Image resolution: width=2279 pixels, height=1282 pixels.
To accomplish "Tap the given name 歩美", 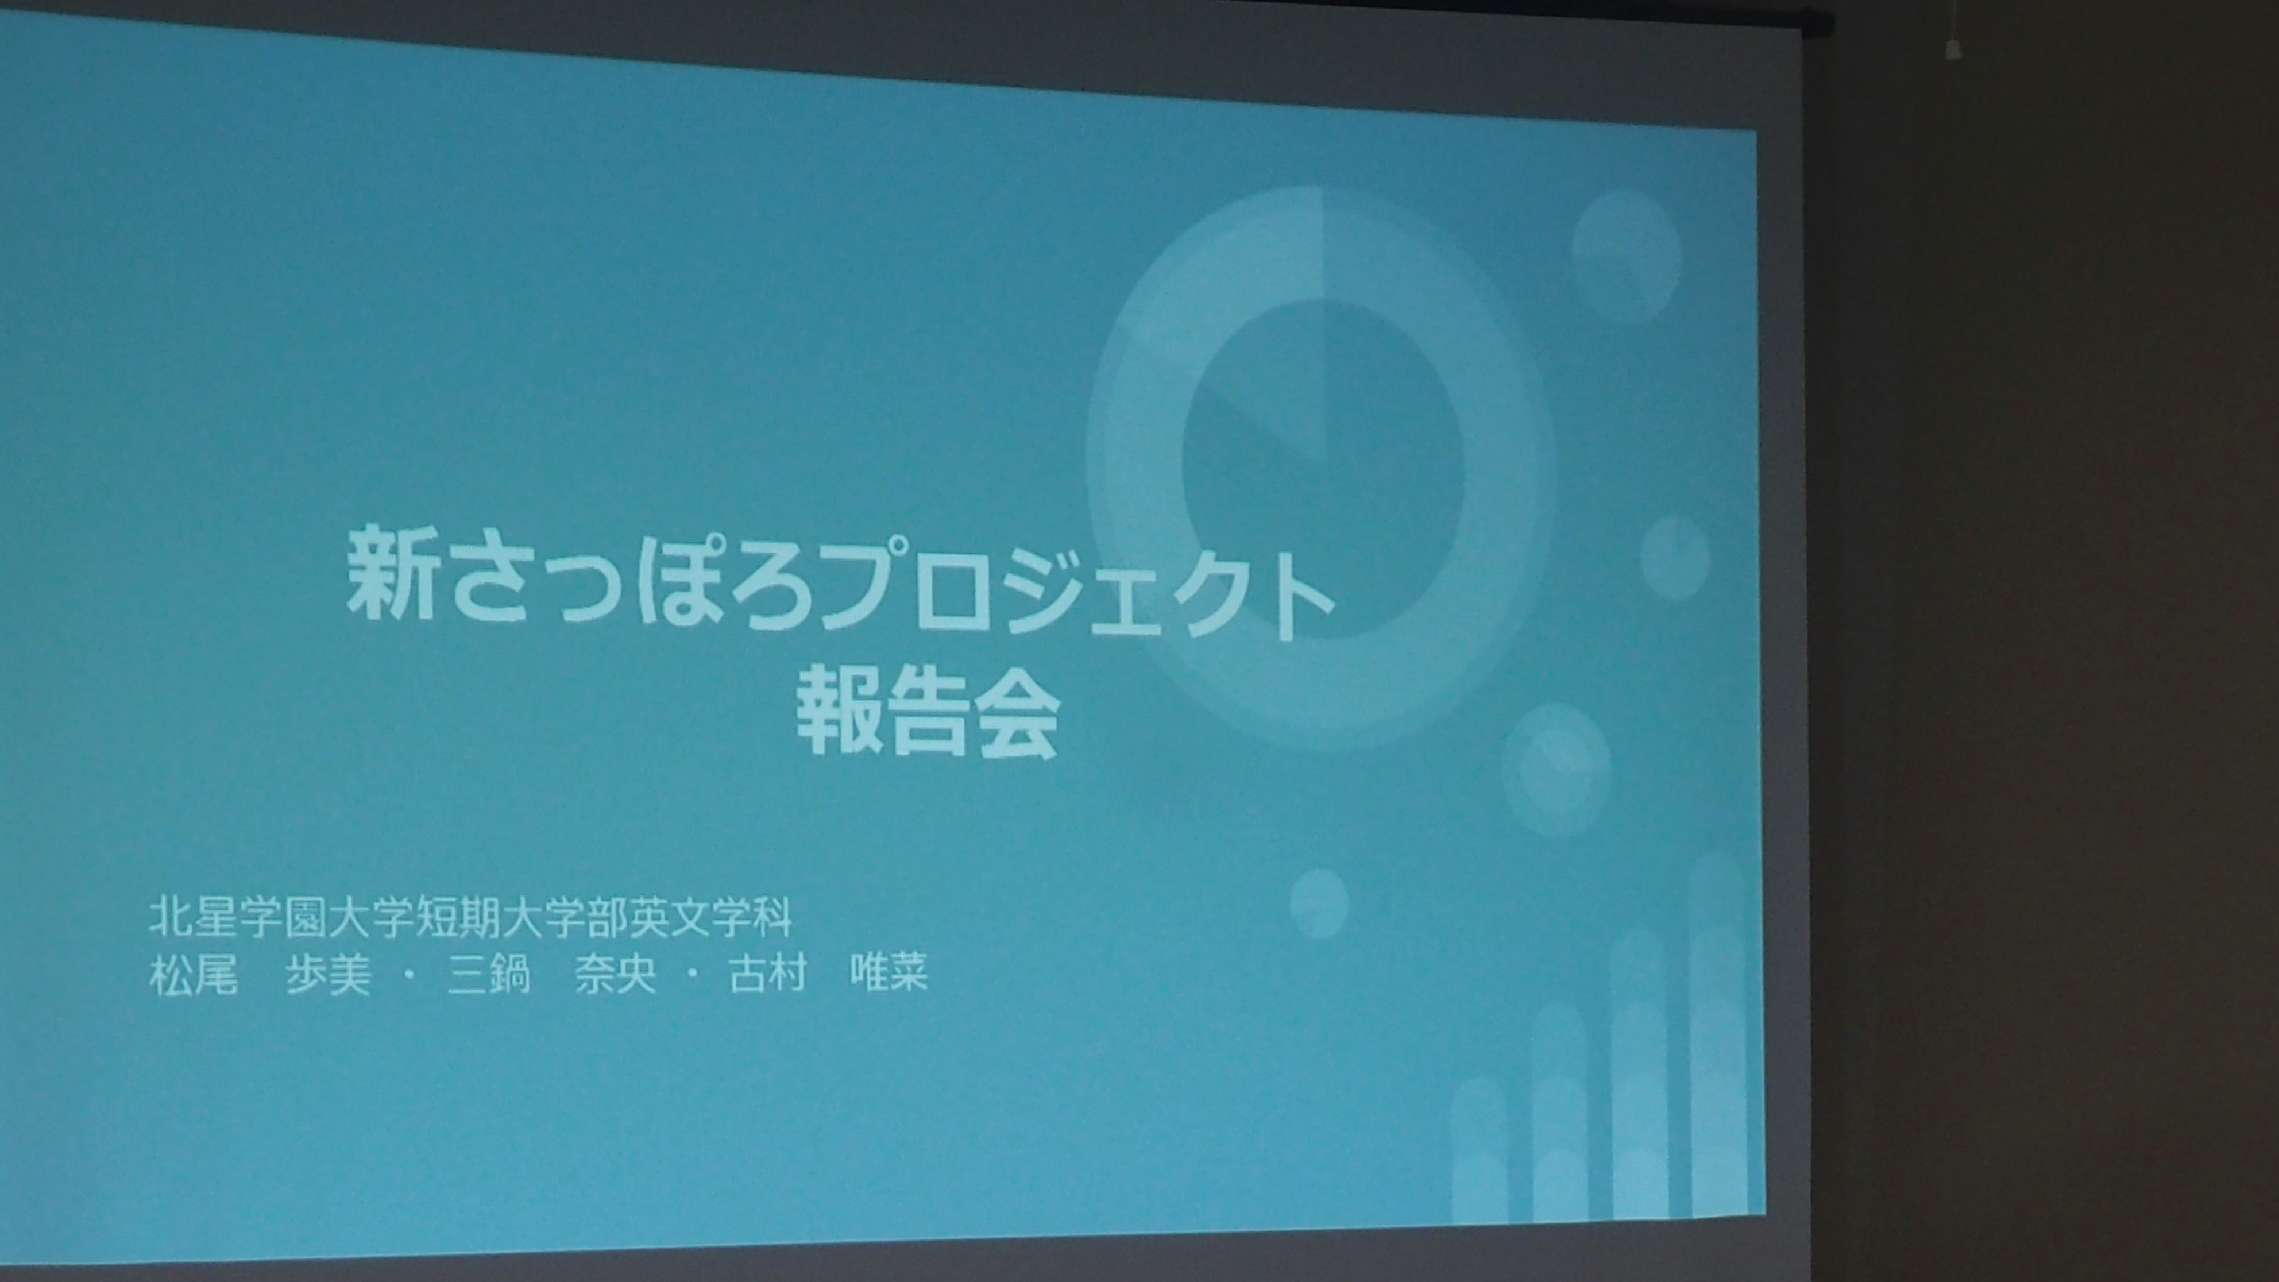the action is tap(328, 976).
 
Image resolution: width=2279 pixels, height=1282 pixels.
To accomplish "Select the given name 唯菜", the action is tap(889, 976).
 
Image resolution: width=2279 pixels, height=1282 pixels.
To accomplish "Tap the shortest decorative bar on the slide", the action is tap(1480, 1150).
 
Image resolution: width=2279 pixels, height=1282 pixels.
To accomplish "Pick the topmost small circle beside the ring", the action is tap(1626, 256).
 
